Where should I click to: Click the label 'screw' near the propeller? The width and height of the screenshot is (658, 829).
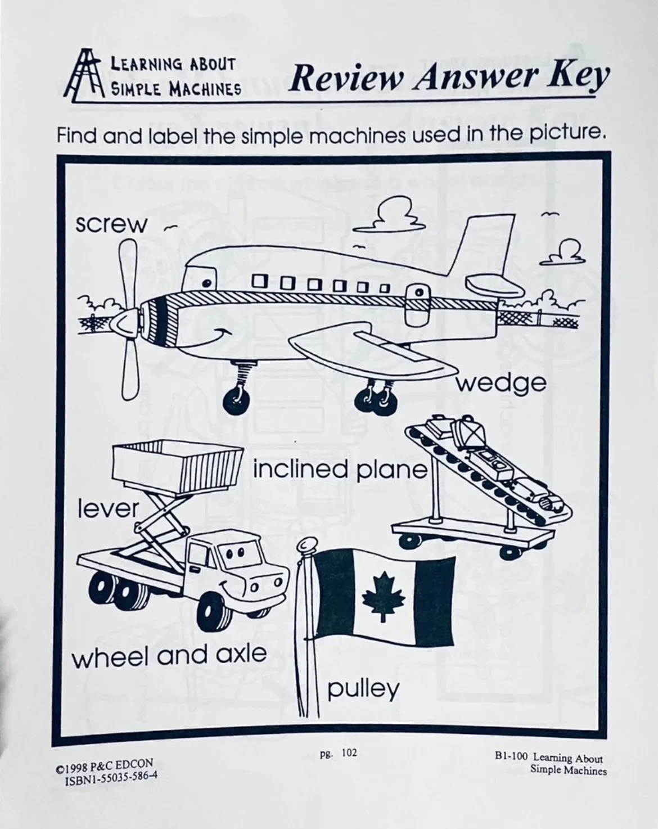(x=111, y=224)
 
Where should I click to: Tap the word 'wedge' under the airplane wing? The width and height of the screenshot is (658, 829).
(x=501, y=384)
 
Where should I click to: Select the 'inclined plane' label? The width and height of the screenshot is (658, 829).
(x=340, y=468)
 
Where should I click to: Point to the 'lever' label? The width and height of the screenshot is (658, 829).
(x=107, y=509)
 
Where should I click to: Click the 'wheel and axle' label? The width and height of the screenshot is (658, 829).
(x=169, y=655)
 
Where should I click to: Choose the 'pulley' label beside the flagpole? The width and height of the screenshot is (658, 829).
(x=363, y=688)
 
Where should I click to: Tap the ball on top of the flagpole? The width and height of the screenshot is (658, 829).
(x=307, y=544)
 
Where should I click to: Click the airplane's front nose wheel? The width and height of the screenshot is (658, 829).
(x=236, y=401)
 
